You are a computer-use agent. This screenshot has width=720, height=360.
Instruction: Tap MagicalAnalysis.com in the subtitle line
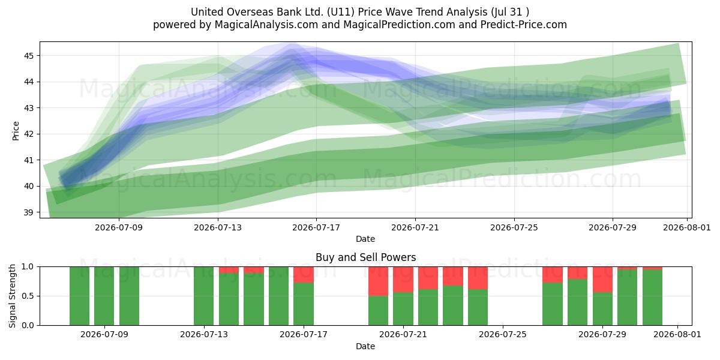pyautogui.click(x=266, y=25)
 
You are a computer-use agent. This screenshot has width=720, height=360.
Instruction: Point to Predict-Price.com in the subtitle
pyautogui.click(x=524, y=25)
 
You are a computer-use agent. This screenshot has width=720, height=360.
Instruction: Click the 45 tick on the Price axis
pyautogui.click(x=28, y=56)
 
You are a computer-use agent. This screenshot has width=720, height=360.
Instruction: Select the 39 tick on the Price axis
pyautogui.click(x=28, y=212)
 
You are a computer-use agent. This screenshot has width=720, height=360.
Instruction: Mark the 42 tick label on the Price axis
pyautogui.click(x=28, y=134)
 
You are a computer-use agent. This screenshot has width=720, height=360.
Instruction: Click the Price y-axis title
pyautogui.click(x=16, y=131)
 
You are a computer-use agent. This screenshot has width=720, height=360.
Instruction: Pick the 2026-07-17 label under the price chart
pyautogui.click(x=316, y=227)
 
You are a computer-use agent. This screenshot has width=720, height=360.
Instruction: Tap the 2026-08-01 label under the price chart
pyautogui.click(x=687, y=227)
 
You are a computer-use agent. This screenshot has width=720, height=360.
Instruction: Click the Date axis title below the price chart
pyautogui.click(x=365, y=239)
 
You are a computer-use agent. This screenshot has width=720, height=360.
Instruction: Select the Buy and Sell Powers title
pyautogui.click(x=365, y=257)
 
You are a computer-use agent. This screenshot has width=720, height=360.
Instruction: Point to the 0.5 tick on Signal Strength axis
pyautogui.click(x=28, y=296)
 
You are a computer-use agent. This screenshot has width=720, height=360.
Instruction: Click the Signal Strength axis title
pyautogui.click(x=12, y=296)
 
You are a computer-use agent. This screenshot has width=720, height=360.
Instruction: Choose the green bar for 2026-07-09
pyautogui.click(x=104, y=296)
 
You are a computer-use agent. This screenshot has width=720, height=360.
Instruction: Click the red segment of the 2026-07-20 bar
pyautogui.click(x=379, y=281)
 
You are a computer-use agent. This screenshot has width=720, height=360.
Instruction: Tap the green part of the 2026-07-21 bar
pyautogui.click(x=403, y=309)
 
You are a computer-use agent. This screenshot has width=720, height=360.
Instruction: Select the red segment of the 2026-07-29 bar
pyautogui.click(x=602, y=280)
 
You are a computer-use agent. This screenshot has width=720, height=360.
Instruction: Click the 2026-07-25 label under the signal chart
pyautogui.click(x=503, y=335)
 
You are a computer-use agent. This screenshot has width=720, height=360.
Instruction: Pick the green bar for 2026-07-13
pyautogui.click(x=204, y=296)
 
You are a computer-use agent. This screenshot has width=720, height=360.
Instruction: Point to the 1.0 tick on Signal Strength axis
pyautogui.click(x=28, y=267)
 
